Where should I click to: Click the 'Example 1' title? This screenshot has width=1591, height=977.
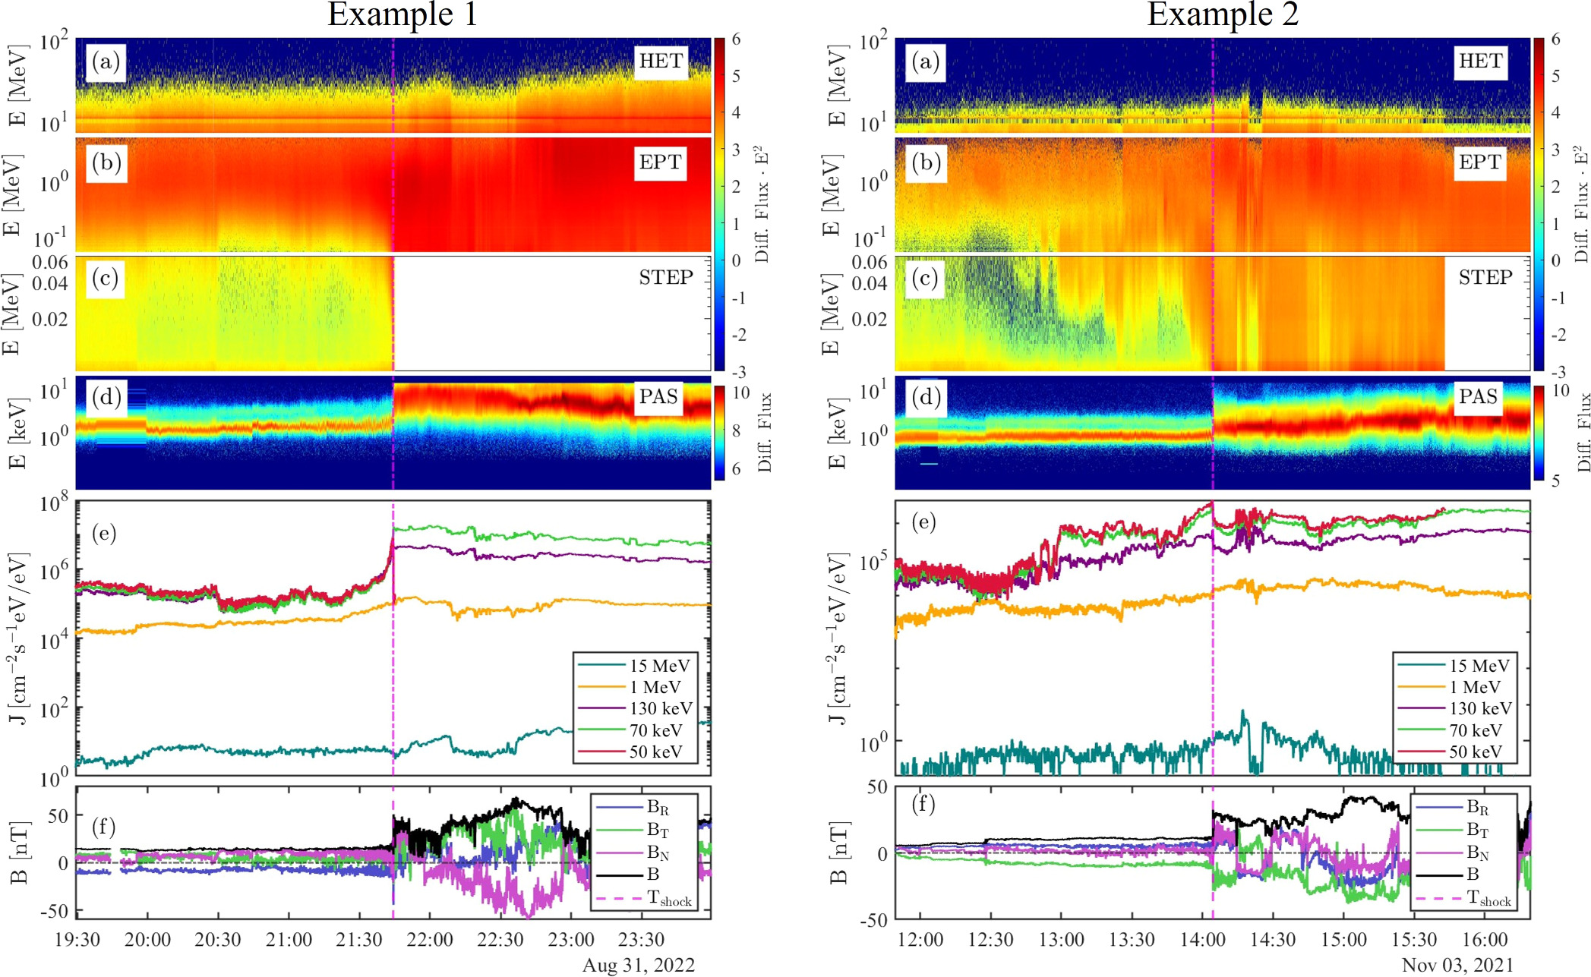402,14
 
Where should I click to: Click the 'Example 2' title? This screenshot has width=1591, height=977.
1223,14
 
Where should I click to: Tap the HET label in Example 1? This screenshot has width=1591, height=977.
661,61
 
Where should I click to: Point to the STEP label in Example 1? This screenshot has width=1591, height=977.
666,277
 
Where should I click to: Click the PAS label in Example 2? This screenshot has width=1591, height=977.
1478,396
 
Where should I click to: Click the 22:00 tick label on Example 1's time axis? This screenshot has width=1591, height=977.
430,940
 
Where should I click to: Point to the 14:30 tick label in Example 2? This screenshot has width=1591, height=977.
1273,940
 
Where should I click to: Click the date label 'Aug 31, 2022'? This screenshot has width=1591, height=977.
639,965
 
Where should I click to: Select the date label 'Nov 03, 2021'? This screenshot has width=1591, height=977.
1457,965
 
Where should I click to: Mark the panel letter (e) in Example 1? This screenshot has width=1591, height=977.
104,533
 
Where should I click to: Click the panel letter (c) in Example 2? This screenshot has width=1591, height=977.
925,279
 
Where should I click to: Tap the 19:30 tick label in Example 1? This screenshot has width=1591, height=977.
77,940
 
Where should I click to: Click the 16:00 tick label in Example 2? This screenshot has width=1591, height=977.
1485,940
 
